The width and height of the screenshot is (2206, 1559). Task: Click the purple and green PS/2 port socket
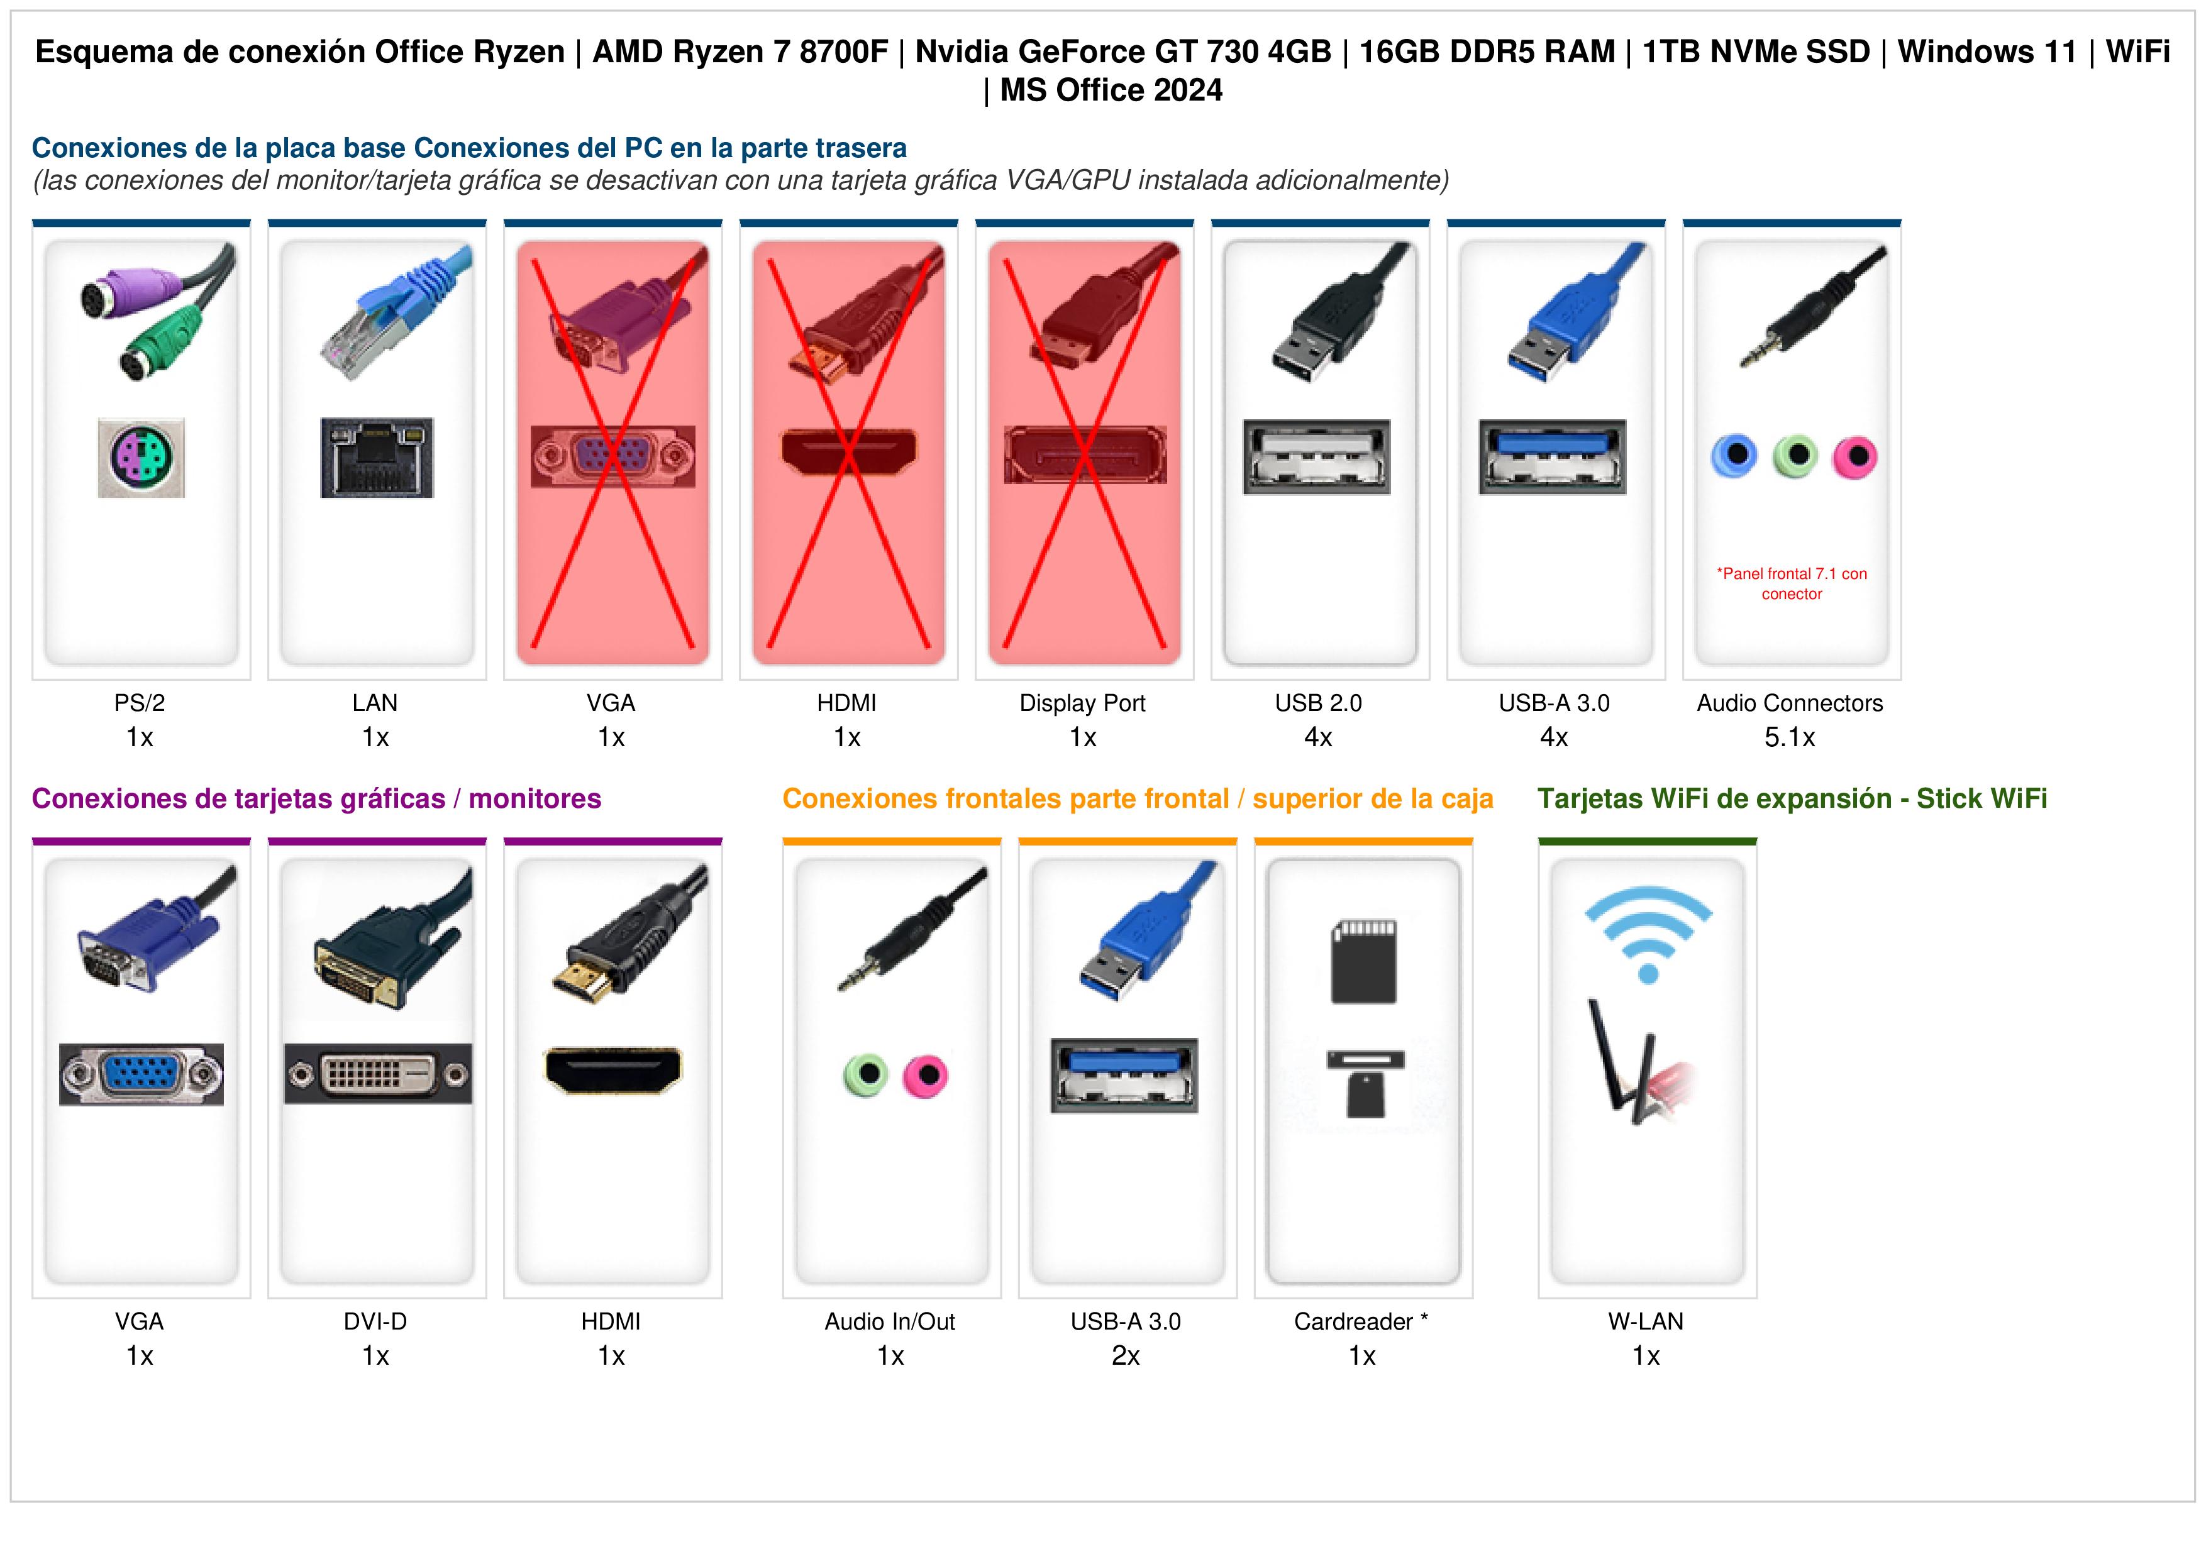coord(141,457)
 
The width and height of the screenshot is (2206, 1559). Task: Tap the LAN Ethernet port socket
coord(377,457)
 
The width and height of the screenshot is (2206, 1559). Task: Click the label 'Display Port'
coord(1083,703)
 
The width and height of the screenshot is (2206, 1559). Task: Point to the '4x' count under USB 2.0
coord(1318,738)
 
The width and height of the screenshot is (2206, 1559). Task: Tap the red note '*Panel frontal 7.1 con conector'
coord(1792,584)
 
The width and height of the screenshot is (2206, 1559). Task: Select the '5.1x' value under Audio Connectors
coord(1790,738)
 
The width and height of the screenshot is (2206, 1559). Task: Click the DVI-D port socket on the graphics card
coord(377,1074)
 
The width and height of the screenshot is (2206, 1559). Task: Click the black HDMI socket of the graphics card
coord(613,1070)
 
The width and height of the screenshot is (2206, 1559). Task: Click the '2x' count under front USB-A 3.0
coord(1126,1357)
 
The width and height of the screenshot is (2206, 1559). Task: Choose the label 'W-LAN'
coord(1646,1322)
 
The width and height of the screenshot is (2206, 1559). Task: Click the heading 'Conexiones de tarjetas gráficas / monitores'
coord(316,799)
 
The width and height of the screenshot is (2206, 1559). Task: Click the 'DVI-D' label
coord(375,1322)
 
